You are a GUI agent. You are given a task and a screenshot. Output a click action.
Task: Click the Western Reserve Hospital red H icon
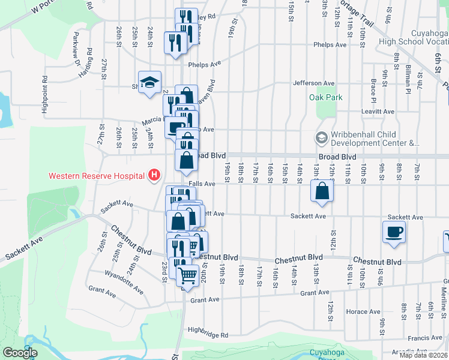coord(154,175)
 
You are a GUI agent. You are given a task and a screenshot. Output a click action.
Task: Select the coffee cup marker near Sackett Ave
coord(394,232)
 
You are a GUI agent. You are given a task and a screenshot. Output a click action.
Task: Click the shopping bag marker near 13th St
coord(322,191)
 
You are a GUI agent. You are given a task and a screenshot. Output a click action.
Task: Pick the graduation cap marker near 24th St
coord(149,83)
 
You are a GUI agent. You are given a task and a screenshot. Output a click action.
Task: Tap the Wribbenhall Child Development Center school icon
coord(321,139)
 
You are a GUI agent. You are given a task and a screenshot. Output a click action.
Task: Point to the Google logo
coord(19,352)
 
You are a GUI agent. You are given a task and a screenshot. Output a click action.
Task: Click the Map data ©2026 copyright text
coord(423,355)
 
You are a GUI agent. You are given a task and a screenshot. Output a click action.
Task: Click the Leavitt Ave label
coord(378,112)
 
